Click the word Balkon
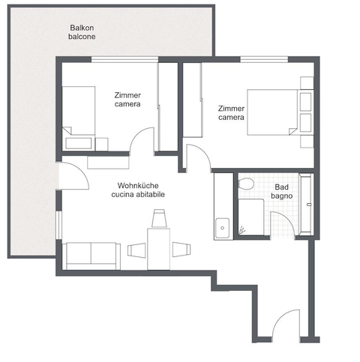pos(82,27)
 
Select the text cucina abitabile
pos(141,194)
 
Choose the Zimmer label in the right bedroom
pos(231,108)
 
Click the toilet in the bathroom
pos(245,184)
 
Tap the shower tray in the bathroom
pos(248,220)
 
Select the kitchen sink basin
pos(221,226)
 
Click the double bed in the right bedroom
pos(274,112)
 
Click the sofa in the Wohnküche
pos(91,255)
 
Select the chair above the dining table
pos(159,219)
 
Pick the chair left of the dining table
pos(137,250)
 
